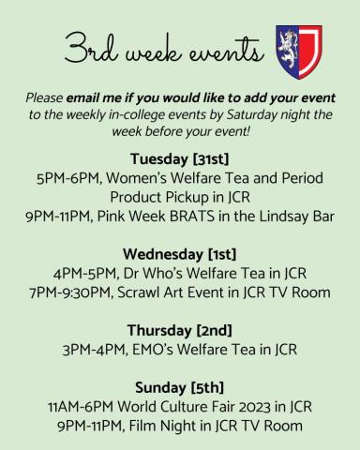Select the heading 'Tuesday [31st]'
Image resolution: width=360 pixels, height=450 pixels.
tap(179, 157)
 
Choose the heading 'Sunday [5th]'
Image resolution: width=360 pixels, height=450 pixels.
tap(179, 388)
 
